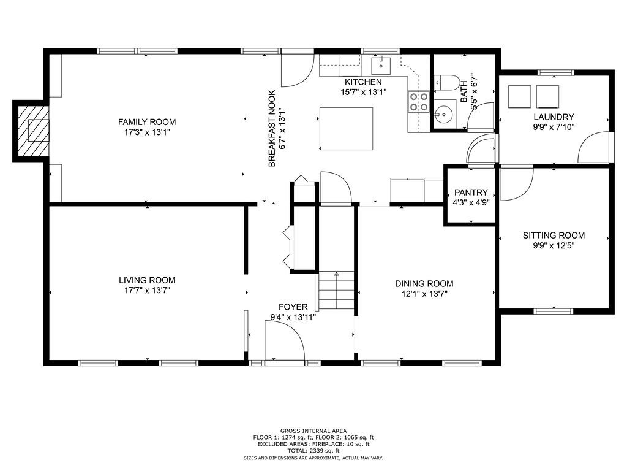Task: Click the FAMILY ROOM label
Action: [147, 122]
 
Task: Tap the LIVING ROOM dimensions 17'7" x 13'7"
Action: [147, 290]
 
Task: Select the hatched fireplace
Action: [34, 131]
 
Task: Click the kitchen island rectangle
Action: [347, 129]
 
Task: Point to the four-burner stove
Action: [418, 101]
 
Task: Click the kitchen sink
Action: [381, 65]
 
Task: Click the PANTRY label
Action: [471, 193]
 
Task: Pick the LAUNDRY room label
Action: [554, 117]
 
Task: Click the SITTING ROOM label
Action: [554, 235]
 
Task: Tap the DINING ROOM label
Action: [424, 283]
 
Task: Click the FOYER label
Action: [293, 307]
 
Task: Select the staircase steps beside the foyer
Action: [336, 291]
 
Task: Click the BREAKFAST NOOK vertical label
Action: [272, 129]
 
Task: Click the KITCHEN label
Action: [363, 82]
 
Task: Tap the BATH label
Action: [464, 91]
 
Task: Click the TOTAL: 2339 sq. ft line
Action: [313, 451]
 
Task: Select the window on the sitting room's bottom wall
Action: [554, 311]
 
